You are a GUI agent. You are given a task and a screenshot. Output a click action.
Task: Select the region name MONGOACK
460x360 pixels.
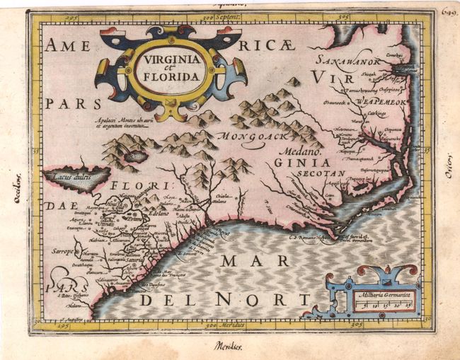click(248, 135)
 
